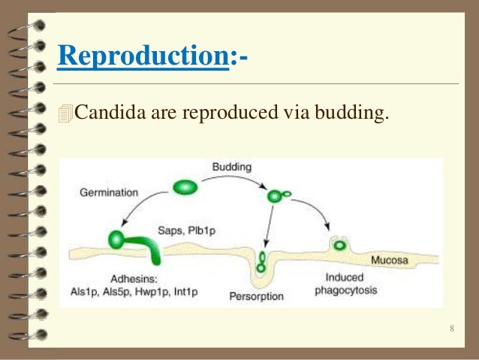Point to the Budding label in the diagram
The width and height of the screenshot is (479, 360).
[232, 165]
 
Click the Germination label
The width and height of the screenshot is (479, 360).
[109, 192]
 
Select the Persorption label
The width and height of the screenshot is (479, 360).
[256, 296]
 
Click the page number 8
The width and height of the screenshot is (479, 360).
[451, 328]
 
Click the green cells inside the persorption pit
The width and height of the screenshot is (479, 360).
[261, 261]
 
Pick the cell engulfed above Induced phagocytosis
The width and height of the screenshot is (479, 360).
[339, 244]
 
